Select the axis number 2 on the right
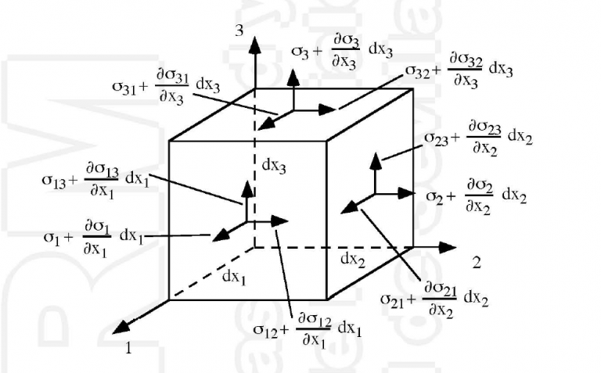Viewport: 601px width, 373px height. (x=477, y=261)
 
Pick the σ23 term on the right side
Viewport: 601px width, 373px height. (x=435, y=137)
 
